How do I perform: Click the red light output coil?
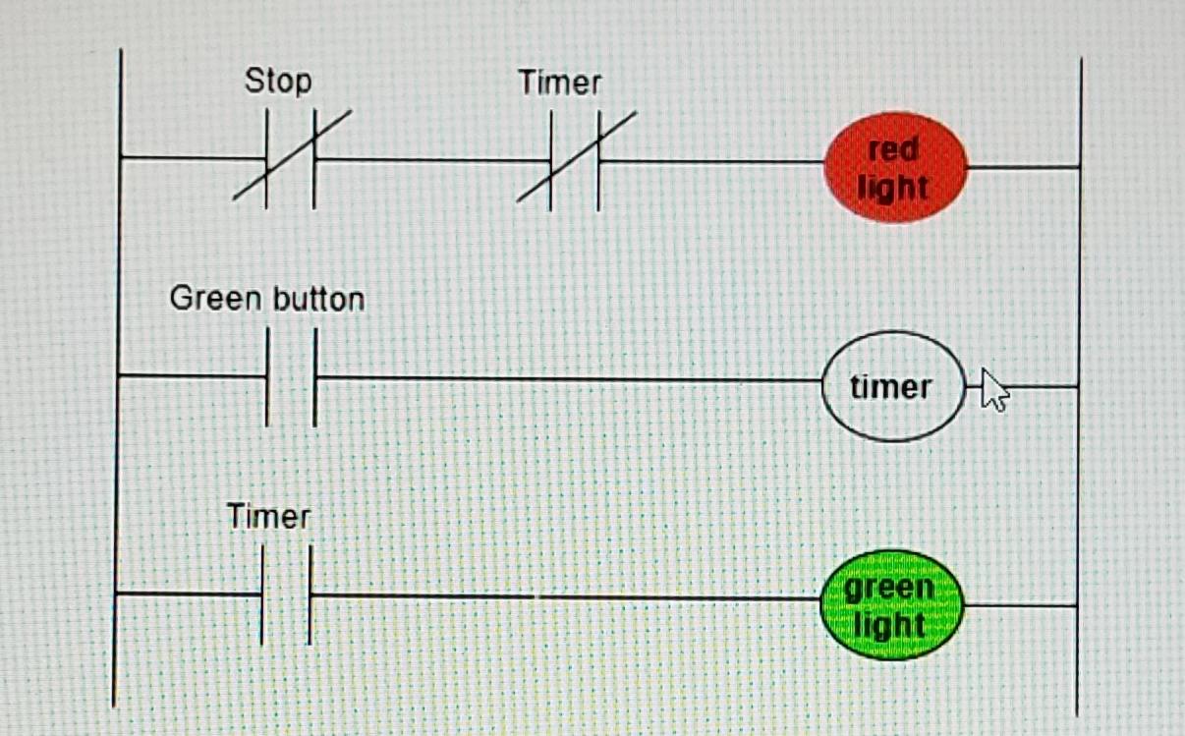coord(895,167)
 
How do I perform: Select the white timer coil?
coord(892,386)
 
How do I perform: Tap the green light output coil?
coord(891,605)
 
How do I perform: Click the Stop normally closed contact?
coord(291,158)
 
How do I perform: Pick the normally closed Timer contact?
coord(575,160)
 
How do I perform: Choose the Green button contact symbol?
coord(291,377)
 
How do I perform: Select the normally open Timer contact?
coord(286,595)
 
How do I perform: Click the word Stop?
coord(278,81)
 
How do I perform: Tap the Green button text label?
coord(266,298)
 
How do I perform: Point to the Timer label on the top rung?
coord(559,84)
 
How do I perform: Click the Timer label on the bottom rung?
coord(268,516)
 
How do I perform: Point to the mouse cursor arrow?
coord(994,389)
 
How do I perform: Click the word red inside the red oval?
coord(893,150)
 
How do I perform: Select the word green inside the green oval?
coord(889,589)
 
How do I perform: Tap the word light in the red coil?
coord(892,186)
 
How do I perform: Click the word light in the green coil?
coord(889,625)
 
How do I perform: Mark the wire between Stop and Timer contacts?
coord(432,159)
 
